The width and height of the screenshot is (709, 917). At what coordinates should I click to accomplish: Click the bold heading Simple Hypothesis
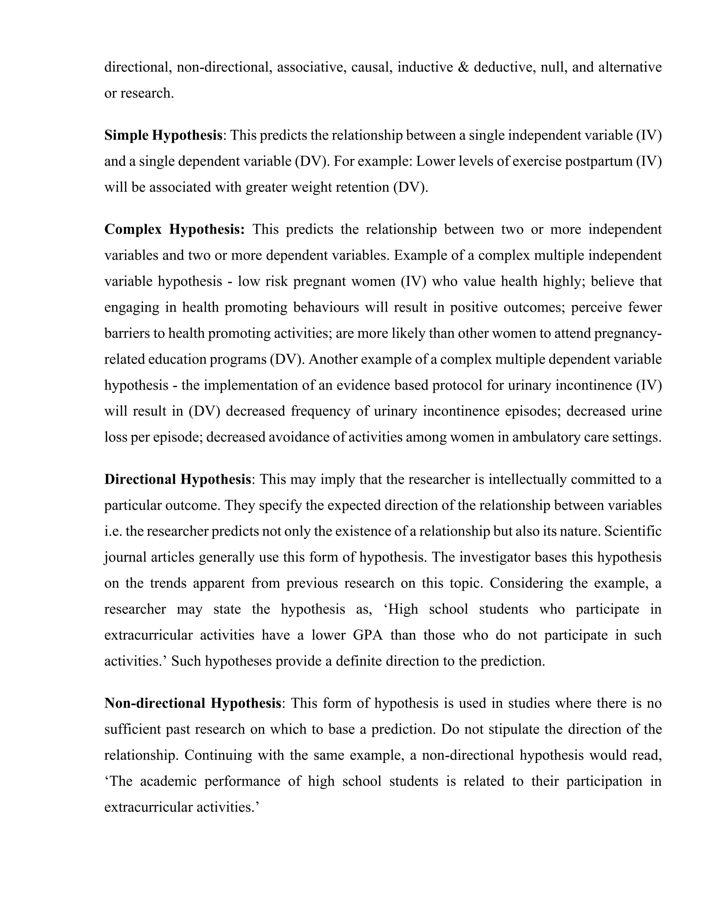click(x=163, y=136)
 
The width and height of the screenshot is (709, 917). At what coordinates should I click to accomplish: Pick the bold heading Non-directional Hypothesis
click(x=192, y=703)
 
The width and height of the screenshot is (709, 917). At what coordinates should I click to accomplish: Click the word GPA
click(x=368, y=635)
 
